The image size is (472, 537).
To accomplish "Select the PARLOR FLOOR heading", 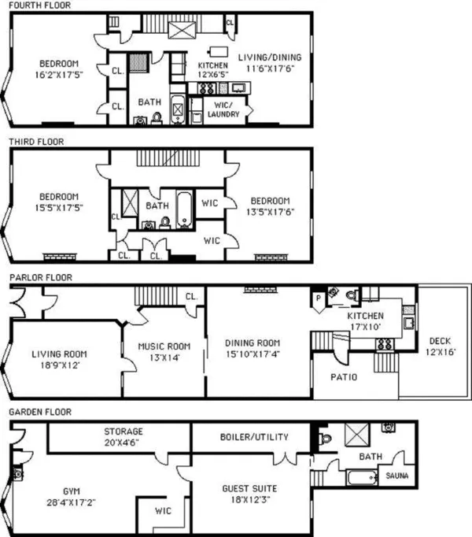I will [40, 277].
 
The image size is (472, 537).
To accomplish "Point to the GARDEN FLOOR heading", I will [40, 412].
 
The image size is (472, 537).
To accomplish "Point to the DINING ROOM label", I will [253, 343].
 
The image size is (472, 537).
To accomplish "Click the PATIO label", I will [342, 377].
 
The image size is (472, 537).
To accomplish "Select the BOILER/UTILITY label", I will [253, 436].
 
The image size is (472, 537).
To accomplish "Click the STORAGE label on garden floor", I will [124, 431].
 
